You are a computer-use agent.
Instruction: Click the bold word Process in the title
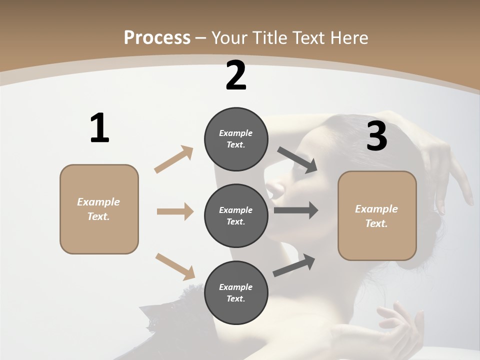tap(157, 37)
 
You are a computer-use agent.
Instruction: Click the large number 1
tap(99, 128)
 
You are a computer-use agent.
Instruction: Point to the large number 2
tap(236, 75)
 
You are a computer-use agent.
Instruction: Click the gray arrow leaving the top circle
tap(297, 159)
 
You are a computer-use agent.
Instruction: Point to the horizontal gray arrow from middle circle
tap(296, 210)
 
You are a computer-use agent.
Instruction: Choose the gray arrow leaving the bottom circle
tap(294, 265)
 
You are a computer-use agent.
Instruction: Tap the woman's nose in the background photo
tap(272, 189)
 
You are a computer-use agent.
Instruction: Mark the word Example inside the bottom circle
tap(236, 287)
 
